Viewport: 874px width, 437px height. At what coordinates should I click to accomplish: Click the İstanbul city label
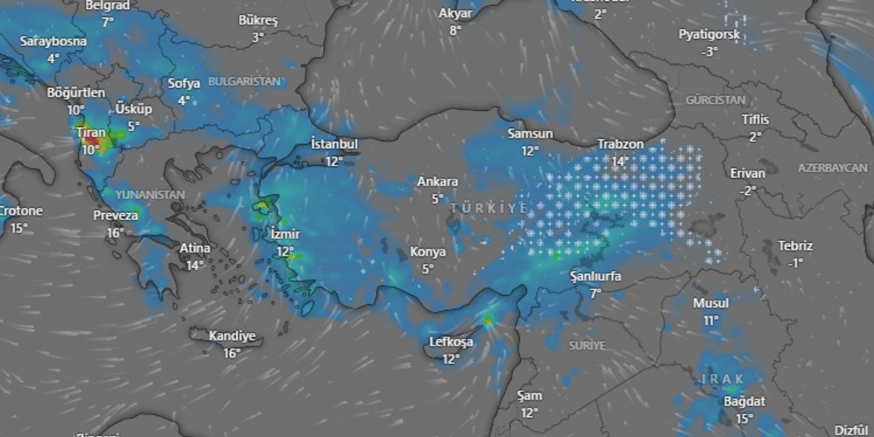coord(334,145)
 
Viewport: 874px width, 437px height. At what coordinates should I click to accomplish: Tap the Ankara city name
coord(438,182)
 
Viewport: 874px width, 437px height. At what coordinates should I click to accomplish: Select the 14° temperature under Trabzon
coord(620,161)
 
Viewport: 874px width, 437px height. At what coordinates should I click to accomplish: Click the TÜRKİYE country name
coord(489,208)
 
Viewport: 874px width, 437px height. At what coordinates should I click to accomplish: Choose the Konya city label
coord(428,252)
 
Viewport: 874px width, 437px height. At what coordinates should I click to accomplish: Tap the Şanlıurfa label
coord(595,277)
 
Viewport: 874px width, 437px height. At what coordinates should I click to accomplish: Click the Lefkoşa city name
coord(451,342)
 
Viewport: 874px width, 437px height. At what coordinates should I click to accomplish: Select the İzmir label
coord(285,234)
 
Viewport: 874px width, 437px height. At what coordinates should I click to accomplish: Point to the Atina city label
coord(195,249)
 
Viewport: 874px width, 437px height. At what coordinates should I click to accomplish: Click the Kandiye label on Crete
coord(232,336)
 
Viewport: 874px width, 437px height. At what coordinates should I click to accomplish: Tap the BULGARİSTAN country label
coord(244,81)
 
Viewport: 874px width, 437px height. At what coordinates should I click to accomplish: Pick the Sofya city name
coord(184,84)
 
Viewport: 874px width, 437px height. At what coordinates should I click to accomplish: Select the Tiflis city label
coord(755,120)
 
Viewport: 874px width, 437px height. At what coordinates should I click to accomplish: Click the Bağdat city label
coord(744,401)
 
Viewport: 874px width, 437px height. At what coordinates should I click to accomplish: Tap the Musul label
coord(711,303)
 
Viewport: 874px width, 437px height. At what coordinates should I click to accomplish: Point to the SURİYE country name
coord(587,346)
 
